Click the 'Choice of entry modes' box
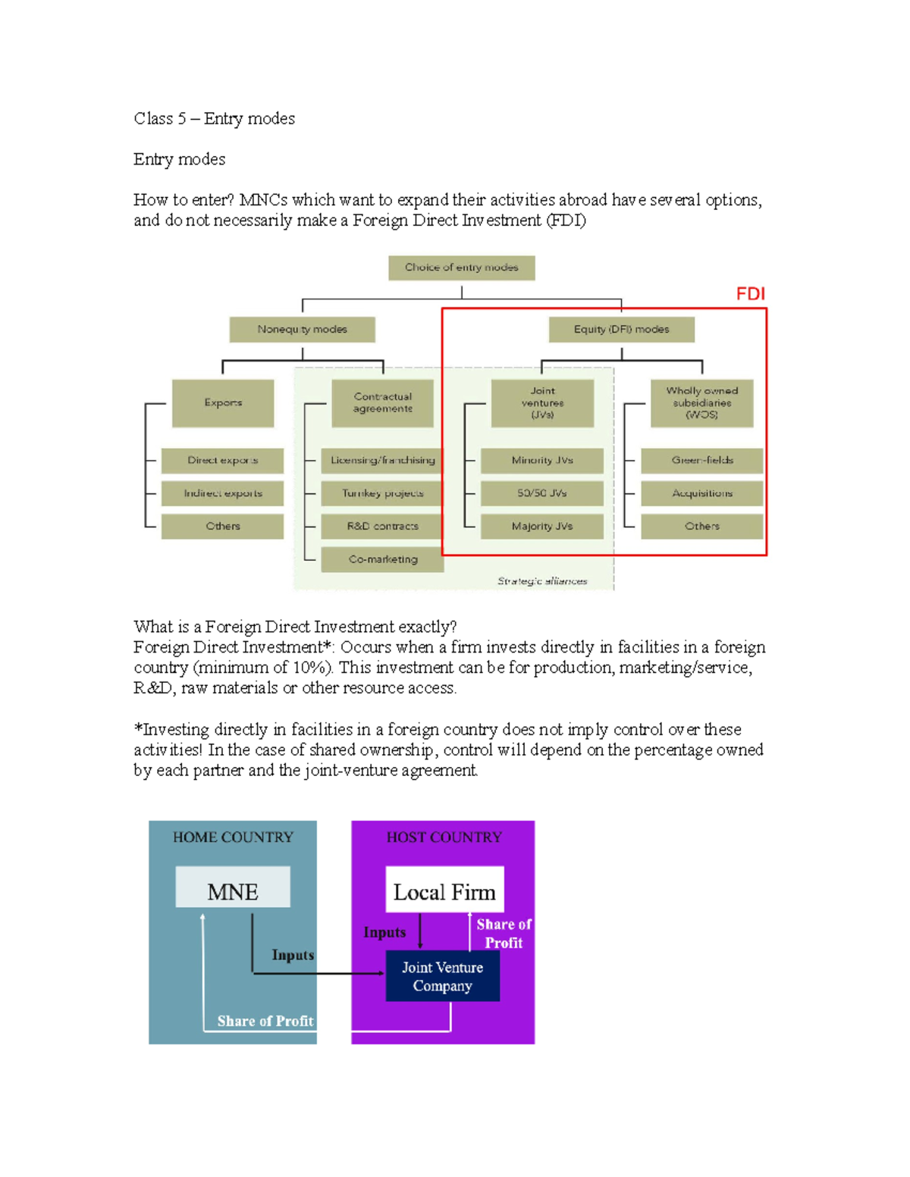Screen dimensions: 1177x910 point(461,268)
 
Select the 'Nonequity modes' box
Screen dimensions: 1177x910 point(302,330)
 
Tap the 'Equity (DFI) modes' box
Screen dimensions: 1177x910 point(621,330)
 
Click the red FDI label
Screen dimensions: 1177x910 point(750,294)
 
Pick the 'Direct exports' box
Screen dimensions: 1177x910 point(222,460)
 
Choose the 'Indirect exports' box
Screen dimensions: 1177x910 point(222,493)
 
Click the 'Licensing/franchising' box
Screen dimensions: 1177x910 point(382,460)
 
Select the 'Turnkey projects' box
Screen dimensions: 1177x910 point(382,493)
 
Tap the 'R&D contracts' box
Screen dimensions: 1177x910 point(382,526)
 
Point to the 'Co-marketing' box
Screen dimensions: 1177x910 point(382,559)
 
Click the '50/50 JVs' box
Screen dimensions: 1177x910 point(542,493)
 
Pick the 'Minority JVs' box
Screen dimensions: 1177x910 point(542,460)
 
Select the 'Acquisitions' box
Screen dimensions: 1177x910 point(701,493)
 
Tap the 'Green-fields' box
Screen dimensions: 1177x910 point(701,460)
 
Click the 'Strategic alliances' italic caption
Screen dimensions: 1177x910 point(542,581)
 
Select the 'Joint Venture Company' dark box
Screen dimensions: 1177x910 point(442,976)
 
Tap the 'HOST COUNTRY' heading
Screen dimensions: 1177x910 point(444,837)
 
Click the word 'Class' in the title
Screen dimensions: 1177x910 point(153,119)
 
